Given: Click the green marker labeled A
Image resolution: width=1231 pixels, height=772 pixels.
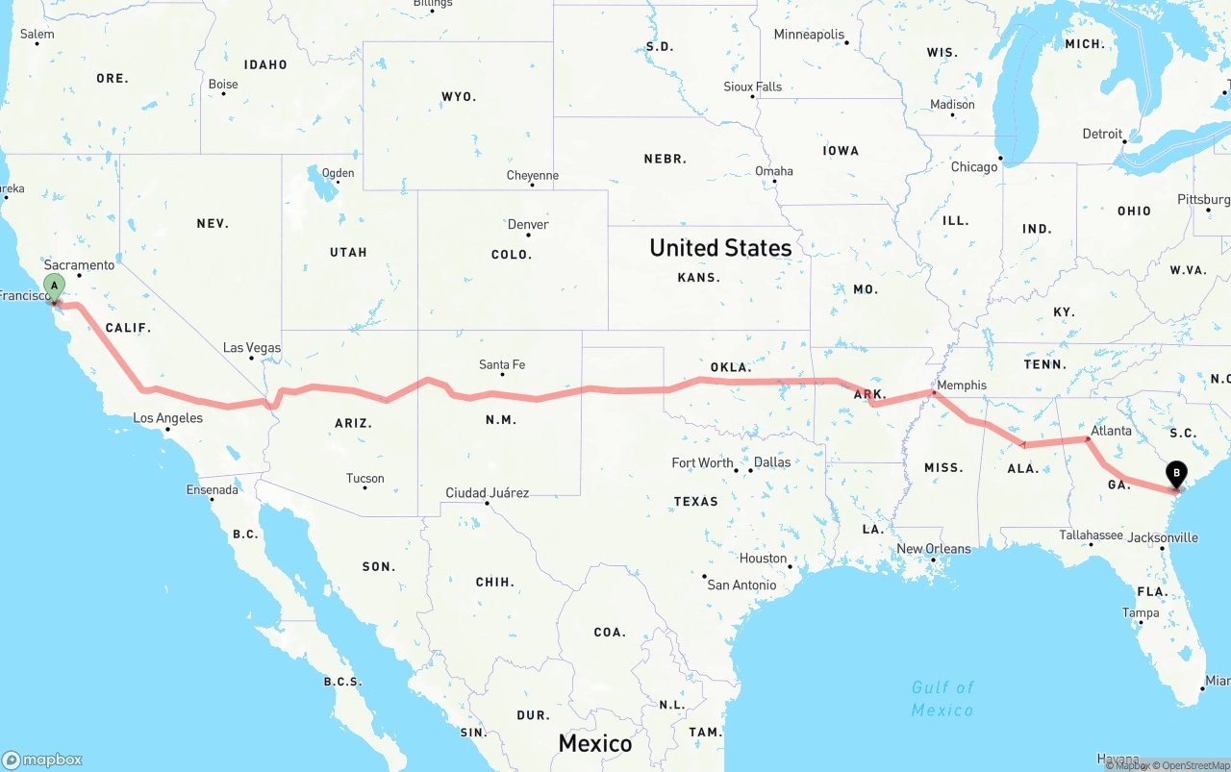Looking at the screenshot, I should (x=55, y=286).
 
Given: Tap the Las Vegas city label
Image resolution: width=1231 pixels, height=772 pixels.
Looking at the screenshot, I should (x=252, y=348).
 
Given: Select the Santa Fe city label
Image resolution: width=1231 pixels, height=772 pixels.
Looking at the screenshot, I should (x=502, y=365).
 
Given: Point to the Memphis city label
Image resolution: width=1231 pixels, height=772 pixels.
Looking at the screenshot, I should (x=961, y=386).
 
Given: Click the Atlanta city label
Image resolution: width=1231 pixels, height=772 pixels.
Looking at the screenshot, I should (x=1111, y=431).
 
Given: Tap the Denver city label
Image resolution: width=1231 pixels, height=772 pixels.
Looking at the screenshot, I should (x=528, y=225).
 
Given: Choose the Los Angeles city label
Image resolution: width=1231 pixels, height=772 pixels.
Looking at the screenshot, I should (x=167, y=418).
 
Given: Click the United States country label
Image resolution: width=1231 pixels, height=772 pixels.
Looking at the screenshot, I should (x=720, y=248).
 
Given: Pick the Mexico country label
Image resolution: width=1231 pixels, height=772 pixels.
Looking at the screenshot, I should (x=595, y=743).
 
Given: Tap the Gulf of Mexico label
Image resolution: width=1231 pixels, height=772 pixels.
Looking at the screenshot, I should (x=942, y=699).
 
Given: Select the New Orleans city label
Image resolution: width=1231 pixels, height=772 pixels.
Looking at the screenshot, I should (x=933, y=549).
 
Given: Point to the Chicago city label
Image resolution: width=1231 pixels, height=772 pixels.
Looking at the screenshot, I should (x=974, y=167).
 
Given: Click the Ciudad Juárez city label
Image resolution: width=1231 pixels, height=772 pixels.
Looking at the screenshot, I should (x=487, y=493).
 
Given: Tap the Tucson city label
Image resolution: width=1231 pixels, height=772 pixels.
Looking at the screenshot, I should (x=364, y=479).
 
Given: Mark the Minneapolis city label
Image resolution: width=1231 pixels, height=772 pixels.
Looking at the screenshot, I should (x=809, y=35).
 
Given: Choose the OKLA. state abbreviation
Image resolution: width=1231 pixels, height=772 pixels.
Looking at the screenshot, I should (x=731, y=367).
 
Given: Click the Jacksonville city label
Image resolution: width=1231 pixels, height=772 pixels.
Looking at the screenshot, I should (x=1165, y=538).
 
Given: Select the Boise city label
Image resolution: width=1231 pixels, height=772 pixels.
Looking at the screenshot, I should (x=223, y=85).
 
